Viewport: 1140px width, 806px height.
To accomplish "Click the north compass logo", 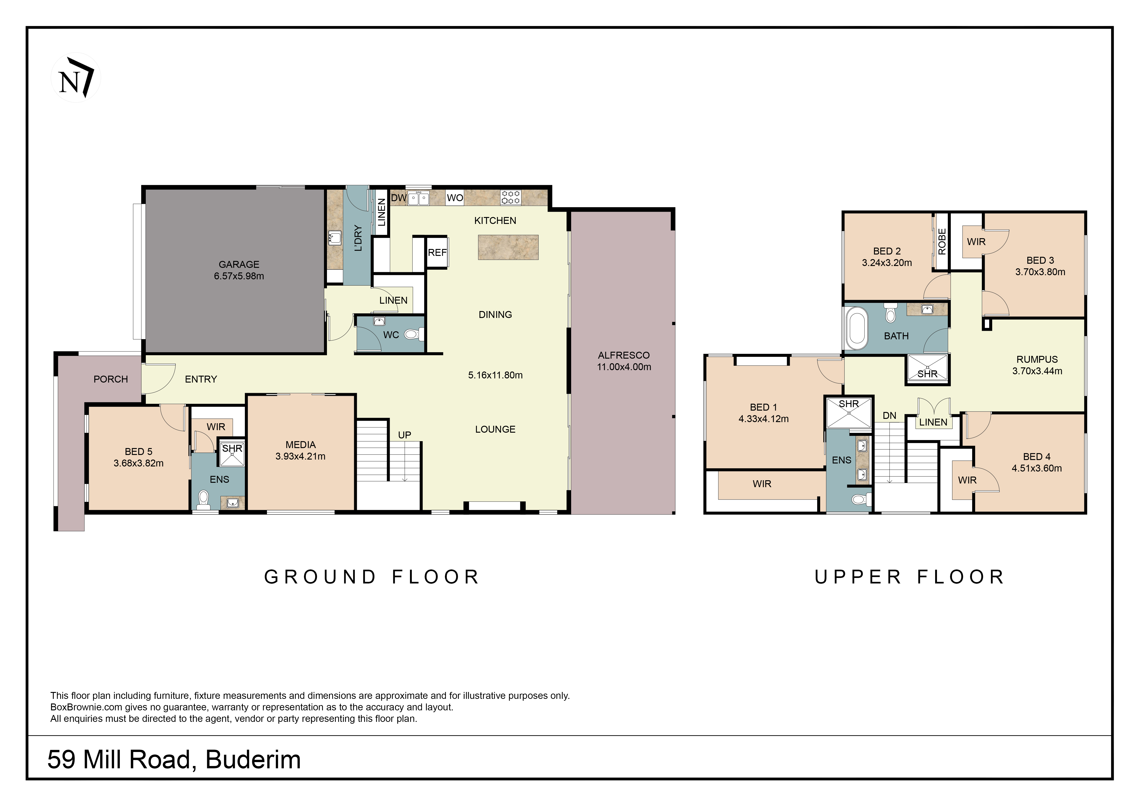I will pyautogui.click(x=75, y=78).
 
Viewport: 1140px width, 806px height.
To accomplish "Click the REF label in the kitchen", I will pyautogui.click(x=437, y=253).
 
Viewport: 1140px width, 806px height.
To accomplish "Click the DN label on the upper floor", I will pyautogui.click(x=889, y=415).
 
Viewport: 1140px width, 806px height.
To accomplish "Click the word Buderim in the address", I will pyautogui.click(x=253, y=760).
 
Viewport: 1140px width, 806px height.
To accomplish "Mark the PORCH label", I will pyautogui.click(x=111, y=379).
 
